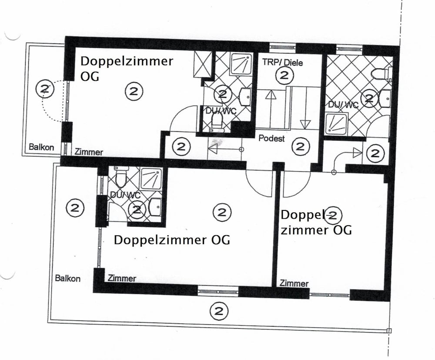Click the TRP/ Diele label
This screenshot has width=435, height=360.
click(282, 63)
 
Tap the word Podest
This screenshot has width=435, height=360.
click(271, 138)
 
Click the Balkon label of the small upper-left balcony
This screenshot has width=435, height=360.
click(41, 147)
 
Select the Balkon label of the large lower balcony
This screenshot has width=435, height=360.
click(68, 278)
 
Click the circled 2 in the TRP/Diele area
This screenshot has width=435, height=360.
click(284, 75)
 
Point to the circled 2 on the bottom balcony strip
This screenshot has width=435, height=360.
click(219, 311)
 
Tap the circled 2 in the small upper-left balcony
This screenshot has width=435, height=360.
click(45, 89)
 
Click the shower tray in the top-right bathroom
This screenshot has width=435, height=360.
click(336, 123)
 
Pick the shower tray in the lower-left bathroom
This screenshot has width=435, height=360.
click(151, 178)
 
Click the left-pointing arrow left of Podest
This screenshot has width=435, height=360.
click(225, 150)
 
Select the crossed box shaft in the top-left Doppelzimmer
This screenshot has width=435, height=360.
click(203, 64)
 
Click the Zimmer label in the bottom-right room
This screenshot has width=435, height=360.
click(294, 283)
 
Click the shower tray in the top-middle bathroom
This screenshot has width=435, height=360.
click(241, 63)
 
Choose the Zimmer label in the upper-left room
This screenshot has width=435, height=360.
click(89, 152)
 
